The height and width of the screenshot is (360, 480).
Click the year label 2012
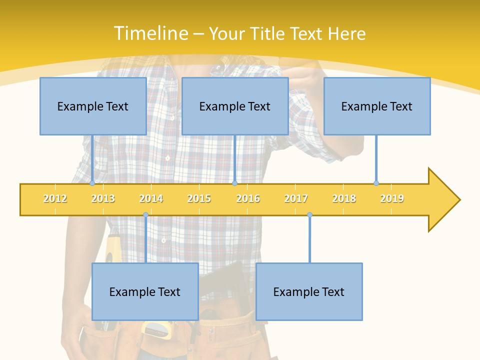pos(55,198)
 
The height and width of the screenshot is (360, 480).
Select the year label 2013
pos(103,198)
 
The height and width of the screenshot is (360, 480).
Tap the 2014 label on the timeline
pos(151,198)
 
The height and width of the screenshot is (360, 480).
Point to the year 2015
pos(199,198)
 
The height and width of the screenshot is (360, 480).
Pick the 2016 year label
pos(248,198)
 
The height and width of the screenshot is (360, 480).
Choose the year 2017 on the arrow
pos(296,198)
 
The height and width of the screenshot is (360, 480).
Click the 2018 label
pos(344,198)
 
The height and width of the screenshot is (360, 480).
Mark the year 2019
pos(392,198)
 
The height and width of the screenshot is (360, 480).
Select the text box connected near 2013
pos(93,106)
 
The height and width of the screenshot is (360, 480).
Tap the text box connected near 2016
pos(235,106)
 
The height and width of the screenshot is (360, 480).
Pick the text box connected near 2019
pos(377,106)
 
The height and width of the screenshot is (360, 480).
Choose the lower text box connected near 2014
pos(145,291)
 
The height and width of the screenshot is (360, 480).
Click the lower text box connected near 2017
pos(309,291)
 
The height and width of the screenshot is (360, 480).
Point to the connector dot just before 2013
pos(92,183)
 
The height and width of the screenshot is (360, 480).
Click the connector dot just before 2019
pos(376,183)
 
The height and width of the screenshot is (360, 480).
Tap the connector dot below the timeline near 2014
pos(145,215)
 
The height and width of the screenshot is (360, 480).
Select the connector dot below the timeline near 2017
pos(309,215)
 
